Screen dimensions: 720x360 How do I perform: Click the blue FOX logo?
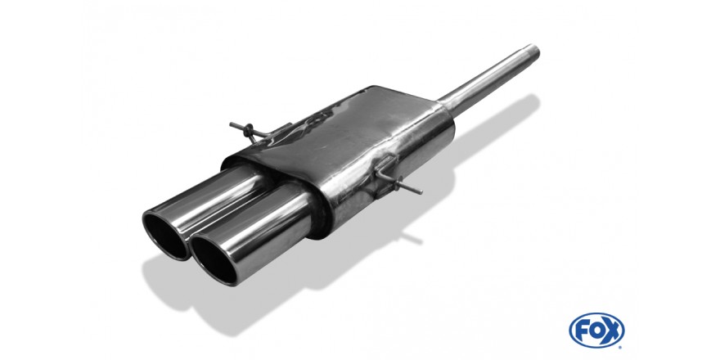(596, 331)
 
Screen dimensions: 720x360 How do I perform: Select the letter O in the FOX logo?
(596, 331)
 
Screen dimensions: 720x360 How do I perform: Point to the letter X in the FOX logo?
(612, 331)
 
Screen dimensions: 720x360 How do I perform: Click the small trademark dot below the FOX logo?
(621, 347)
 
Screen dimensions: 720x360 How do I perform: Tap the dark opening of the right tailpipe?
(214, 260)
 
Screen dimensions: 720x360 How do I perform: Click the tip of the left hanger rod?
(231, 125)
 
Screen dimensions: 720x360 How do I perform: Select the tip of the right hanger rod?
(420, 191)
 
